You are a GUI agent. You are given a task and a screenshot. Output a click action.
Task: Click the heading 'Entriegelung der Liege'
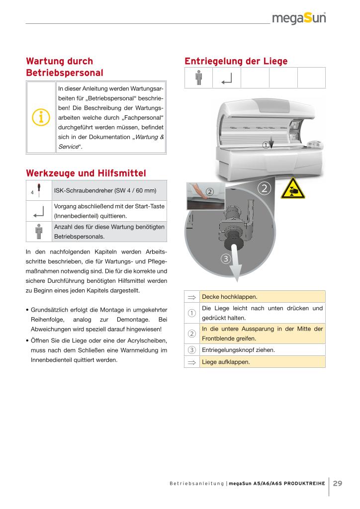[x=236, y=61]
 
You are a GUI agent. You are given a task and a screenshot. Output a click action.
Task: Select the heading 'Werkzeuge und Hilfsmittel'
[x=85, y=173]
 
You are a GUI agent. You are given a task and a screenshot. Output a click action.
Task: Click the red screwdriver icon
[x=39, y=191]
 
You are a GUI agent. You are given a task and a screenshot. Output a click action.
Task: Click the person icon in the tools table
[x=39, y=232]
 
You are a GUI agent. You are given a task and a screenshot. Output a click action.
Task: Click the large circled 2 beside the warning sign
[x=264, y=188]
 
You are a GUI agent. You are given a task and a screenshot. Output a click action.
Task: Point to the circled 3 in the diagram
[x=225, y=259]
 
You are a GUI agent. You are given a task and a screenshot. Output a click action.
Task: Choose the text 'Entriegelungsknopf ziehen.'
[x=238, y=350]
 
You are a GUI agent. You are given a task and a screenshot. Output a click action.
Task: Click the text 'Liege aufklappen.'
[x=226, y=362]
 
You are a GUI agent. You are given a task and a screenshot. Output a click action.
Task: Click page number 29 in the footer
[x=337, y=483]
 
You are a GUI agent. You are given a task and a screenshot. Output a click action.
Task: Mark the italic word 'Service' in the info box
[x=68, y=147]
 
